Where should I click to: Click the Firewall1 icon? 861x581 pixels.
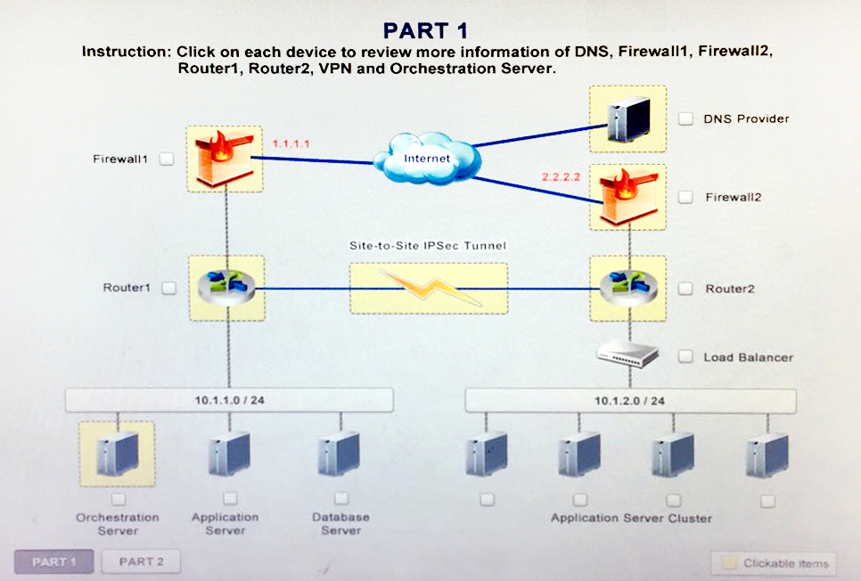[x=225, y=159]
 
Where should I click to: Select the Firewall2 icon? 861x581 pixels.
[x=628, y=197]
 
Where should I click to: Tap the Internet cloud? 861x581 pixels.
[x=427, y=158]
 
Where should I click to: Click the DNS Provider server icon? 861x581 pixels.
[x=628, y=119]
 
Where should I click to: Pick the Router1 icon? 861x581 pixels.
[x=226, y=288]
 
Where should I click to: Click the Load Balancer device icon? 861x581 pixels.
[x=627, y=354]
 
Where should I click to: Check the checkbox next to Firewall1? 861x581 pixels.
[x=167, y=159]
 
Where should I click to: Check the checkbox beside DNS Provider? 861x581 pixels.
[x=685, y=119]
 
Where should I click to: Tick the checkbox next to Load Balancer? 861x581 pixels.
[x=685, y=356]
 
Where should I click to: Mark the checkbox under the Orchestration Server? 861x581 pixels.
[x=118, y=499]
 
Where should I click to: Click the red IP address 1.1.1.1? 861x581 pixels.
[x=291, y=143]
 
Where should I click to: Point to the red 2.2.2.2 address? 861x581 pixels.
[x=561, y=176]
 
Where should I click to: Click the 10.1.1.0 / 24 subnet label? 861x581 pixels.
[x=230, y=400]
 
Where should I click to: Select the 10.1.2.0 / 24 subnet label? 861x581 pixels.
[x=629, y=401]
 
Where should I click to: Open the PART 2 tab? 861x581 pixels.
[x=141, y=561]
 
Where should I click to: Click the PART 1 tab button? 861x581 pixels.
[x=53, y=561]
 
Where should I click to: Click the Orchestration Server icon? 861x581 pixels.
[x=117, y=454]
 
